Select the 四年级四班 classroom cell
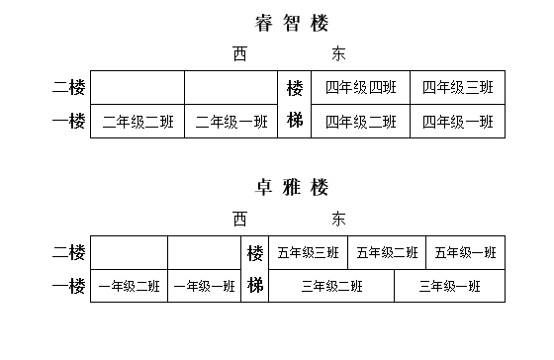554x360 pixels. coord(361,87)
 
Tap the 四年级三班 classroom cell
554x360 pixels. coord(458,87)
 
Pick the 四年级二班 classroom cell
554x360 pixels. coord(361,122)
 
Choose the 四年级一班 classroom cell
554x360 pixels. coord(458,122)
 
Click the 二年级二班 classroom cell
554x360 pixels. coord(138,123)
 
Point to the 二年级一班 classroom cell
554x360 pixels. coord(231,123)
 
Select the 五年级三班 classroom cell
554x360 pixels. coord(308,252)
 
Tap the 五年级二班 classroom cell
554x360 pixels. coord(387,252)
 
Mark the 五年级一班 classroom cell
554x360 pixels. coord(465,252)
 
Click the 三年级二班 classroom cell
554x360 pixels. coord(331,286)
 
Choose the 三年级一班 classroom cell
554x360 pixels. coord(449,286)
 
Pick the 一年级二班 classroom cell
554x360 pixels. coord(129,287)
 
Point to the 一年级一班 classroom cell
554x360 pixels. coord(204,287)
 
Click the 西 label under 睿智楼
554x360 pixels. coord(240,53)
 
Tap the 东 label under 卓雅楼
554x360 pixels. coord(339,218)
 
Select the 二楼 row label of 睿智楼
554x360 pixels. coord(68,87)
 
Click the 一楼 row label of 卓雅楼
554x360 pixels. coord(68,286)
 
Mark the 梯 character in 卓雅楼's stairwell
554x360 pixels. coord(255,286)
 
